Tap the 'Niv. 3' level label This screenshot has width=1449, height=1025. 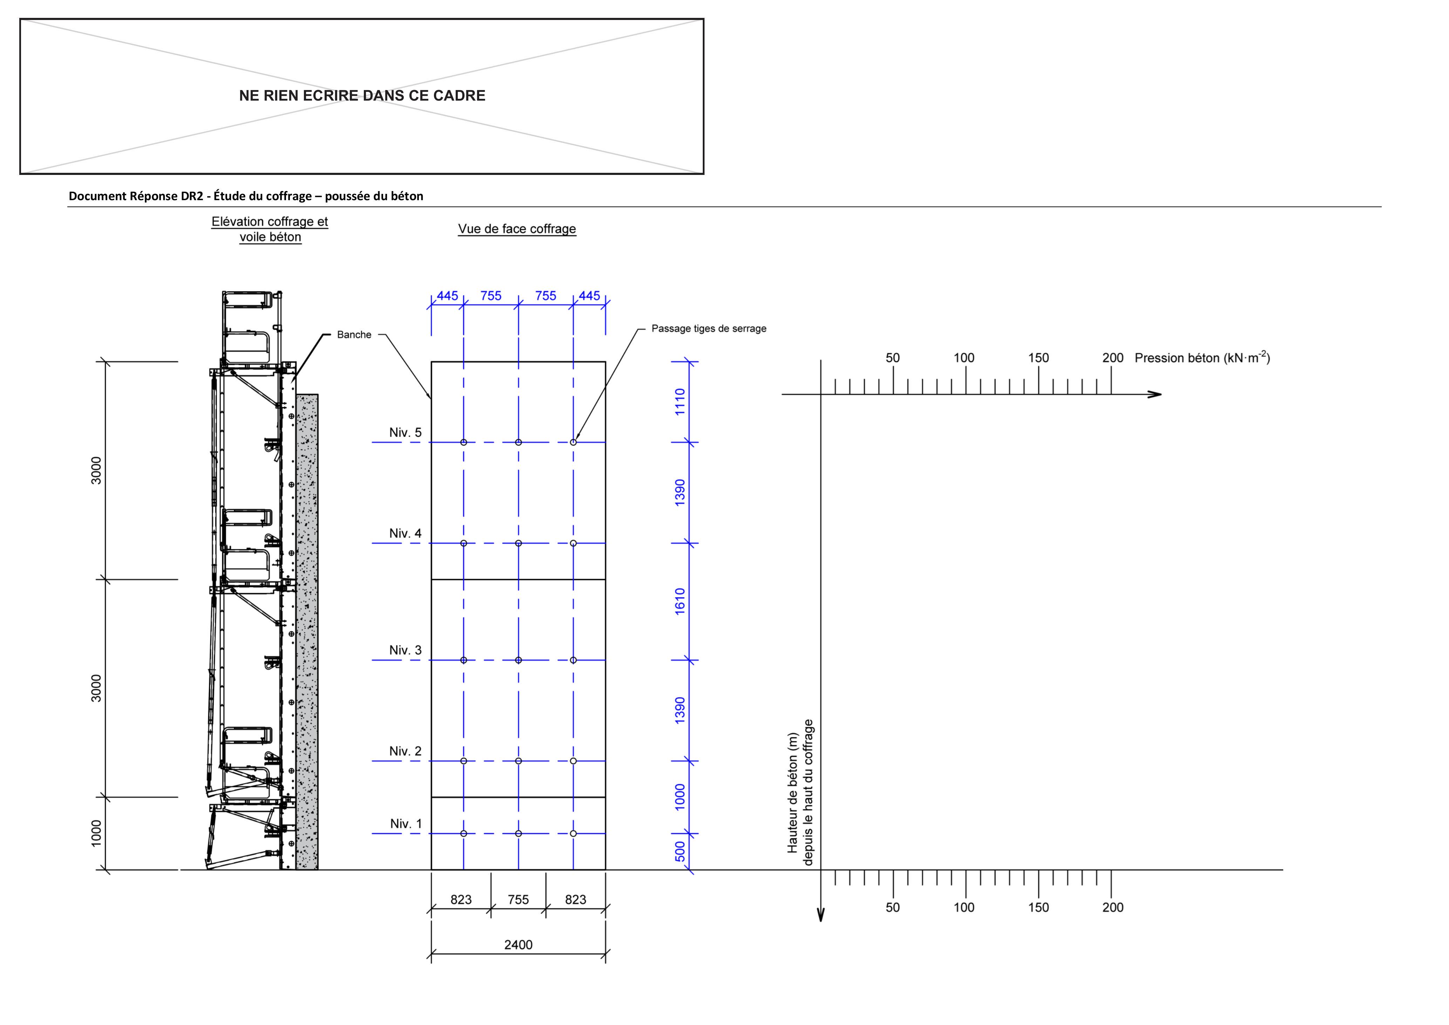click(x=405, y=650)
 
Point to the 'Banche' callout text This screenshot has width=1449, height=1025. click(x=354, y=334)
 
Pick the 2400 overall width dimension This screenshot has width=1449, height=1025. click(x=518, y=945)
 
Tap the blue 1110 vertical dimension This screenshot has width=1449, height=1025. click(x=680, y=402)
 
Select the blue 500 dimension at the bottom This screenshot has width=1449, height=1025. click(x=680, y=851)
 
